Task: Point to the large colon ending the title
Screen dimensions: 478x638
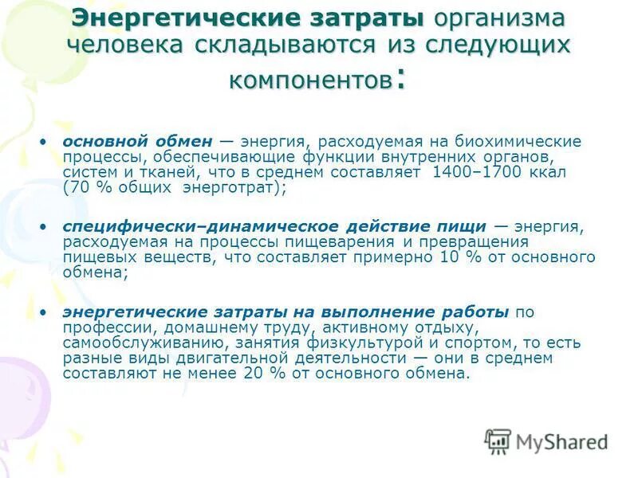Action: pos(400,80)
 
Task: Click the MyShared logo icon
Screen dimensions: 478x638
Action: pos(498,441)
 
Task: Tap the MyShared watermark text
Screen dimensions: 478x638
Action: pos(562,441)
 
